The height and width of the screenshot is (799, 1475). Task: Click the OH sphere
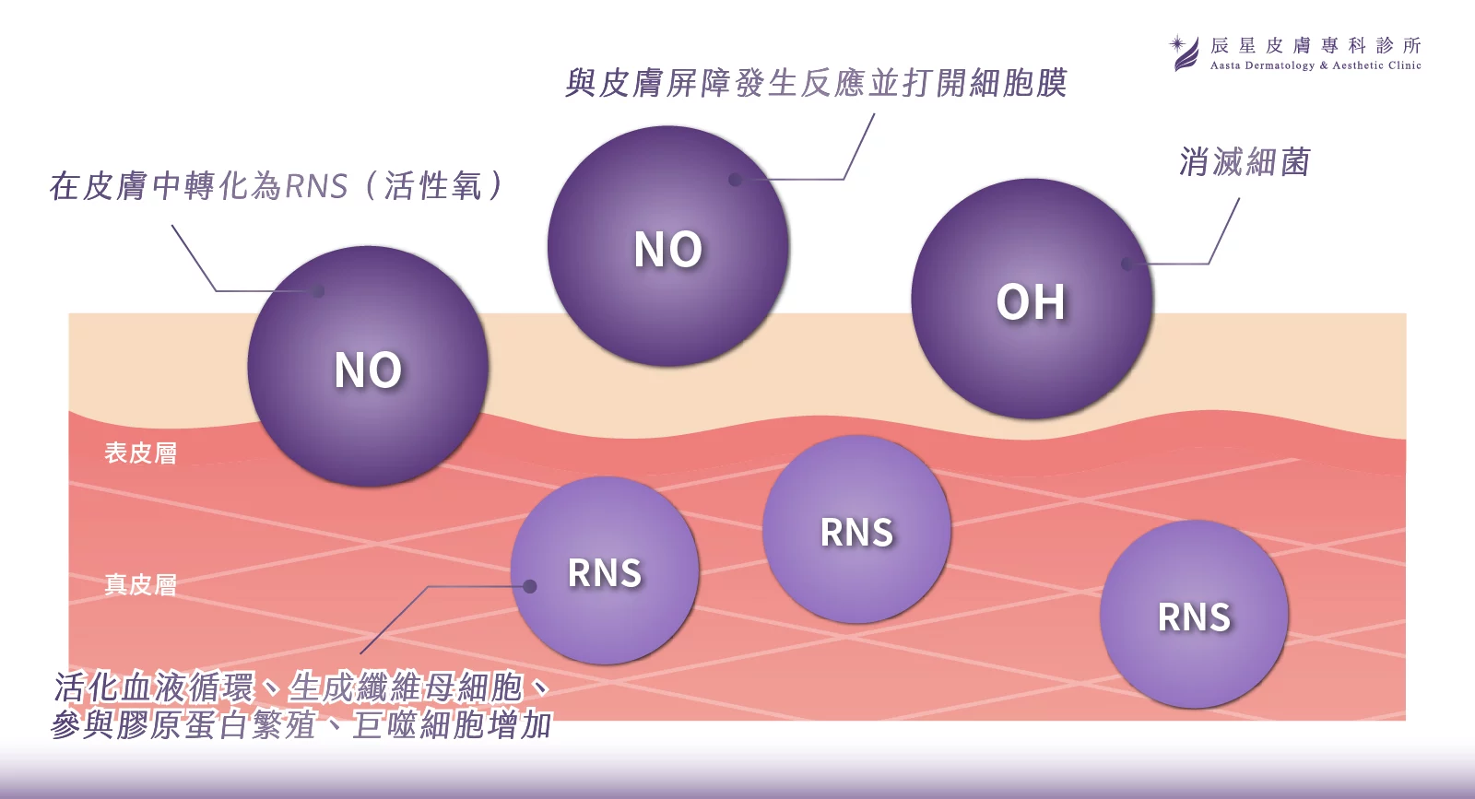click(x=1032, y=299)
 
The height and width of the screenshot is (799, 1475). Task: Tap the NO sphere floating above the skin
click(x=668, y=246)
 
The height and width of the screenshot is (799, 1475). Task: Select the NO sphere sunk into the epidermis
click(x=368, y=367)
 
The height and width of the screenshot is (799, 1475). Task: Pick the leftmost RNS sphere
click(x=605, y=570)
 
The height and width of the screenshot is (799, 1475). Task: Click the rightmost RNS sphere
click(x=1194, y=615)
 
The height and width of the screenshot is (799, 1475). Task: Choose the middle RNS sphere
click(x=856, y=530)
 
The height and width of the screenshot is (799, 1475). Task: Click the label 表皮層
click(x=140, y=452)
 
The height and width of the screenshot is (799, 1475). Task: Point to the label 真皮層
click(x=140, y=584)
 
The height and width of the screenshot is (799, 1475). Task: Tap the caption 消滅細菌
click(x=1245, y=162)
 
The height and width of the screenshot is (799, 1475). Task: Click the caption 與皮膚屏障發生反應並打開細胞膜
click(x=816, y=83)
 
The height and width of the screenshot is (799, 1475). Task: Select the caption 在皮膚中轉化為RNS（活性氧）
click(x=277, y=186)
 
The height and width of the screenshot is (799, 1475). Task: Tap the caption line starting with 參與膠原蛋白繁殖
click(x=301, y=725)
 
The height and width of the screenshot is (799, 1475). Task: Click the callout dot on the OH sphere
click(x=1127, y=264)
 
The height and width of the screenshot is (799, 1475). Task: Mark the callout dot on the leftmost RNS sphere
click(x=530, y=586)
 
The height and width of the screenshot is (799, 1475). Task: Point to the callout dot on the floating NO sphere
click(x=735, y=180)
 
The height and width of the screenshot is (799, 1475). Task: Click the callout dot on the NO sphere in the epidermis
click(x=318, y=291)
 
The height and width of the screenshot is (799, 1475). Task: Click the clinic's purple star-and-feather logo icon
click(x=1185, y=53)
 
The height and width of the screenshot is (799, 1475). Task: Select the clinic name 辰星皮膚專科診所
click(x=1316, y=45)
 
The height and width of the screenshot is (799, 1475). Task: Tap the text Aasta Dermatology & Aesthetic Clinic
click(x=1316, y=65)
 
